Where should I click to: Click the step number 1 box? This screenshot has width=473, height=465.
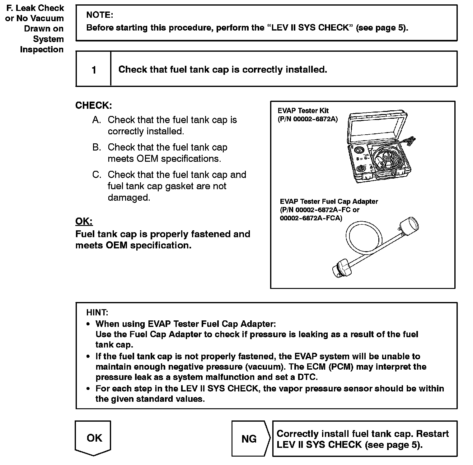(x=94, y=70)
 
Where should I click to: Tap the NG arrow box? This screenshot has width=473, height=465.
(x=249, y=439)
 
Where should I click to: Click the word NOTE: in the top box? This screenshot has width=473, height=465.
(x=100, y=15)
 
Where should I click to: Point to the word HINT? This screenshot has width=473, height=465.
(x=97, y=312)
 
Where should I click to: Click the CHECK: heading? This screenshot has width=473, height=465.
(x=94, y=105)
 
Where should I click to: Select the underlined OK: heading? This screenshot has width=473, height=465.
(x=84, y=221)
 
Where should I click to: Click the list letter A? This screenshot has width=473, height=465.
(x=96, y=120)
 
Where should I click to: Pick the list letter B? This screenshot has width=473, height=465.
(x=96, y=147)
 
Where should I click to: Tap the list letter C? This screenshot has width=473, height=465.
(x=96, y=175)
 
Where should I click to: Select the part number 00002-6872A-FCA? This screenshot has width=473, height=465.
(x=311, y=218)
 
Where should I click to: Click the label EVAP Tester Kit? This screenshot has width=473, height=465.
(x=303, y=111)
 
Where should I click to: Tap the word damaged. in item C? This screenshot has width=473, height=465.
(x=129, y=198)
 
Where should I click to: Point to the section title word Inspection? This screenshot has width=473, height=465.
(x=42, y=50)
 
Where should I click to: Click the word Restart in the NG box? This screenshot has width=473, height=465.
(x=432, y=434)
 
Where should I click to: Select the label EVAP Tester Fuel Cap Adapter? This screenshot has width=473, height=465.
(x=329, y=202)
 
